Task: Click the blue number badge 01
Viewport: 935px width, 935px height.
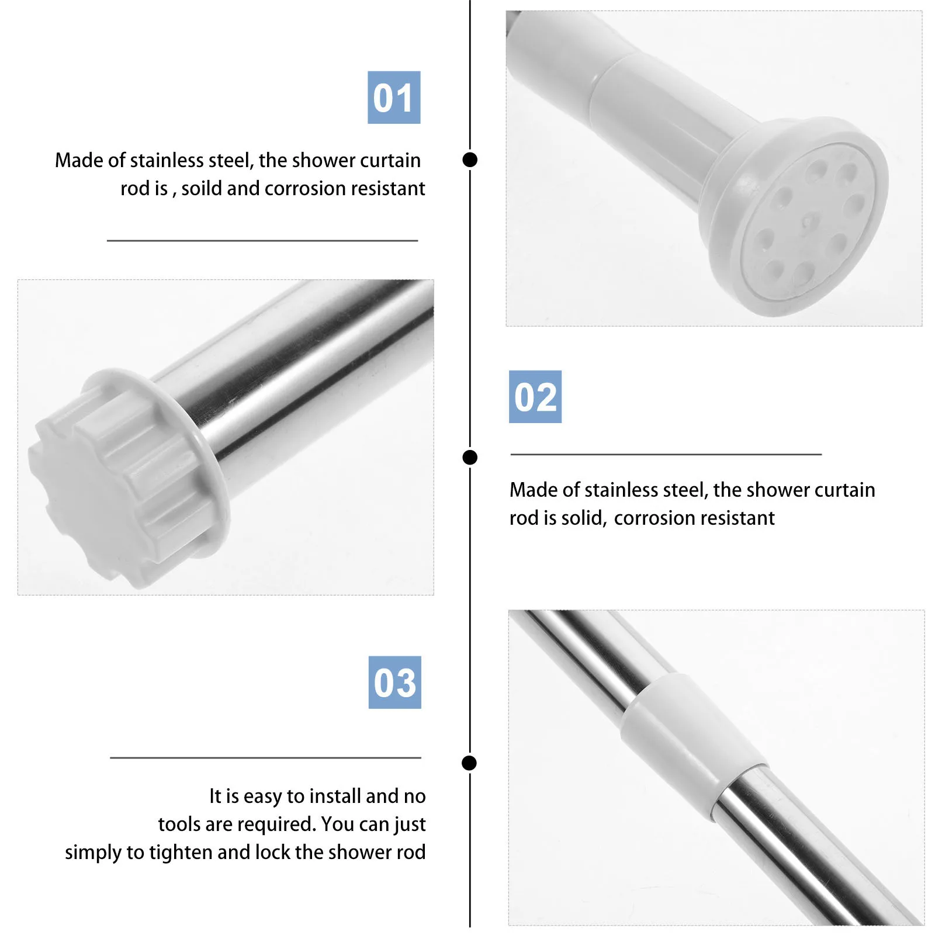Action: coord(393,98)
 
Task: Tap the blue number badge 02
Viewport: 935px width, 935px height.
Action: coord(535,397)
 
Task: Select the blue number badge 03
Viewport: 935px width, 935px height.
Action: coord(394,682)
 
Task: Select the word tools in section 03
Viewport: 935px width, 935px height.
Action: coord(178,825)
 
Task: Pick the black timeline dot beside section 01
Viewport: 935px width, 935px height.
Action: coord(470,160)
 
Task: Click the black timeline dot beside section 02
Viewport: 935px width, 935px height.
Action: coord(470,458)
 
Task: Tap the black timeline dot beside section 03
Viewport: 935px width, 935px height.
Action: coord(469,763)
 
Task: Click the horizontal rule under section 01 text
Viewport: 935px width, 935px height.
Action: coord(262,240)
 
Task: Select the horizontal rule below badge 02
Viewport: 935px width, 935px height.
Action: coord(666,454)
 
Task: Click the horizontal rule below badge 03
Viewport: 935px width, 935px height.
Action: coord(265,758)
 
